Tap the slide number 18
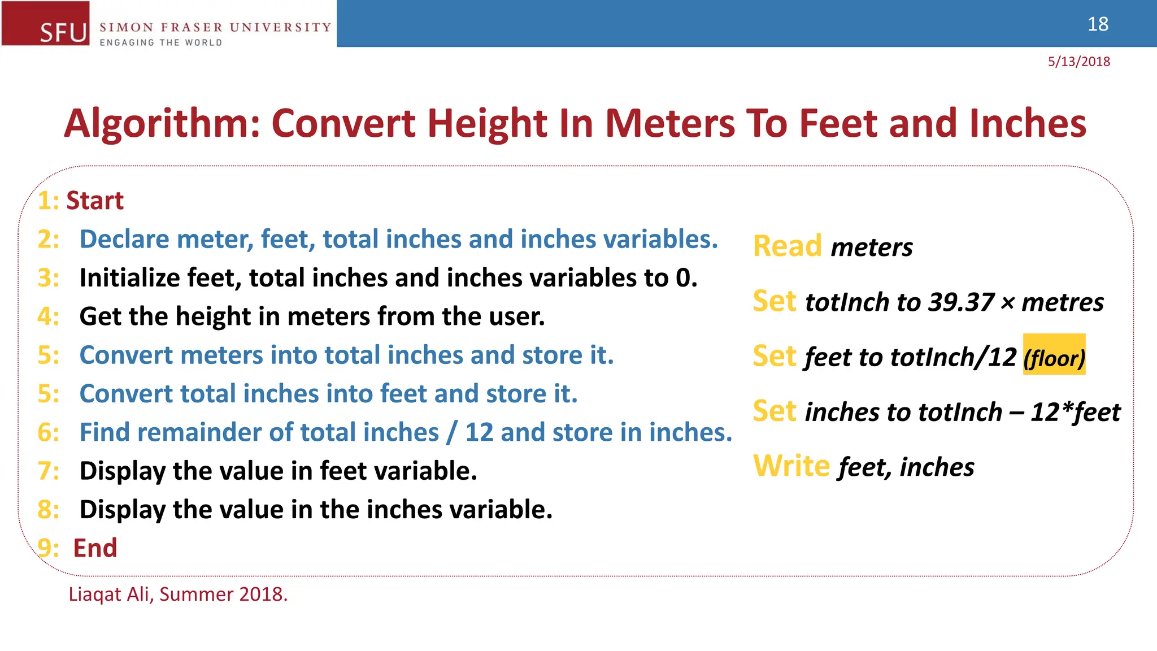[x=1098, y=24]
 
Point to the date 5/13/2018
[x=1078, y=62]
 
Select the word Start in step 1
[x=95, y=201]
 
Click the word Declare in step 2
[x=124, y=239]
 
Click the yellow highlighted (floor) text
[x=1054, y=357]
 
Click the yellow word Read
[x=788, y=246]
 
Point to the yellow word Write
[x=791, y=466]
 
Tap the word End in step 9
[x=95, y=548]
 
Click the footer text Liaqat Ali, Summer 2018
[x=178, y=594]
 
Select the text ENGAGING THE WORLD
[x=161, y=42]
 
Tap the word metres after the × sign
[x=1063, y=302]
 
